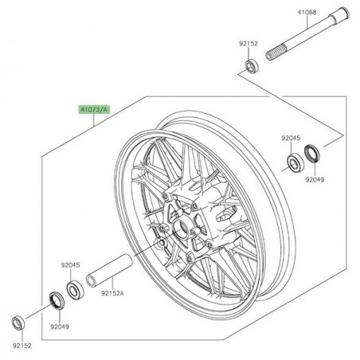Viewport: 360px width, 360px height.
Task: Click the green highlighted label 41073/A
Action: coord(94,109)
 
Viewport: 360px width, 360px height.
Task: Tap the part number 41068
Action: coord(307,12)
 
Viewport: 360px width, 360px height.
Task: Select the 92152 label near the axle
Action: coord(248,44)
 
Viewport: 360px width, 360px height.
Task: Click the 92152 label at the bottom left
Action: coord(22,346)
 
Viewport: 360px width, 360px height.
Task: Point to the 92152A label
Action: coord(112,293)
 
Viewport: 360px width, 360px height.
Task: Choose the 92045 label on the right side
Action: coord(291,138)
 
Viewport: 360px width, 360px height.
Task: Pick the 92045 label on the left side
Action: coord(70,265)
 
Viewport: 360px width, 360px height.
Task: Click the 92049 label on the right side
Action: coord(315,180)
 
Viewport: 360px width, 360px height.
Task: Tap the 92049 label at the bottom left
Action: coord(60,327)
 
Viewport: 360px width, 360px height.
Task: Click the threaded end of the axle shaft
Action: coord(276,53)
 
